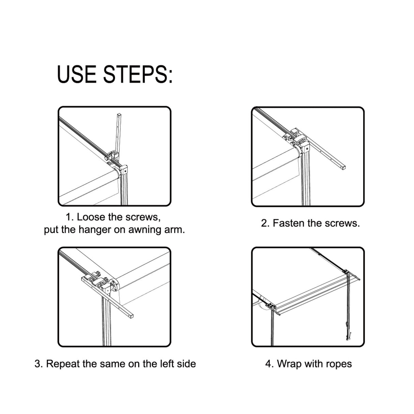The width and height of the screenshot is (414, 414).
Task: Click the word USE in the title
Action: tap(77, 74)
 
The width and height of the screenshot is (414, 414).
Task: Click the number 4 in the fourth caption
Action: tap(268, 364)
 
